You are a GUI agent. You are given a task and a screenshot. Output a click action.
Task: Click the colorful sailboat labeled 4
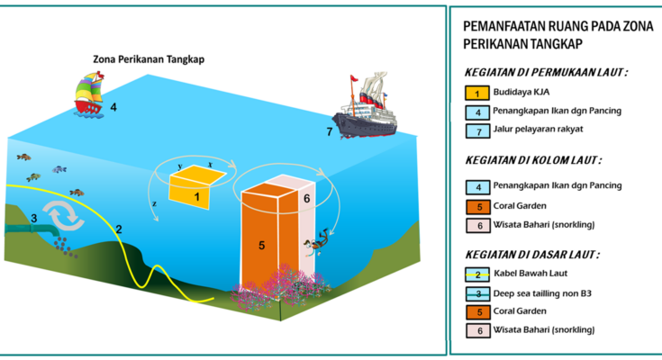(88, 94)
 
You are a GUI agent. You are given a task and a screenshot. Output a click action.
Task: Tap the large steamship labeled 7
(366, 109)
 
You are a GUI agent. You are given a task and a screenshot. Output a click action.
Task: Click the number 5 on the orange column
(262, 245)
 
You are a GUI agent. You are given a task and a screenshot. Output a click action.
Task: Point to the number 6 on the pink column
(307, 198)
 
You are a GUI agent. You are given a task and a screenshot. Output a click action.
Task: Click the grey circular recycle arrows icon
(63, 215)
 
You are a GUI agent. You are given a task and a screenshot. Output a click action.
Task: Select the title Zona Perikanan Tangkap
(149, 59)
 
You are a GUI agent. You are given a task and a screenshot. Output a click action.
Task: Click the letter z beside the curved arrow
(155, 203)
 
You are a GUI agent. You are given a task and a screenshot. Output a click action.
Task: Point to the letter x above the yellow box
(210, 165)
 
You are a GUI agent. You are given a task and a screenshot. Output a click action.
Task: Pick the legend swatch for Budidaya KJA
(477, 93)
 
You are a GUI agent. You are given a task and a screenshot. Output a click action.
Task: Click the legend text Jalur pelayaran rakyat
(538, 129)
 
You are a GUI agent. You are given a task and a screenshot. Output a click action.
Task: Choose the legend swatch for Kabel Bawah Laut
(477, 274)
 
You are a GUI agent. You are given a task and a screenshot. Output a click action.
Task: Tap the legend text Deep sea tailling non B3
(542, 293)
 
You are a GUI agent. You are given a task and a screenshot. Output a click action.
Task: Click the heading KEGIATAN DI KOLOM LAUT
(533, 160)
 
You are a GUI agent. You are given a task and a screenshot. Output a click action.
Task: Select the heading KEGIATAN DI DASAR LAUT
(532, 255)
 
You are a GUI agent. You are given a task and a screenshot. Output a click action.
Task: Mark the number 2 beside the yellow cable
(119, 229)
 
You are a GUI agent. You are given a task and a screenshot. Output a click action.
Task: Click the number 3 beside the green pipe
(34, 218)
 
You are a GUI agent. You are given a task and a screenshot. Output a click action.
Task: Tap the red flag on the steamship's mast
(353, 78)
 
